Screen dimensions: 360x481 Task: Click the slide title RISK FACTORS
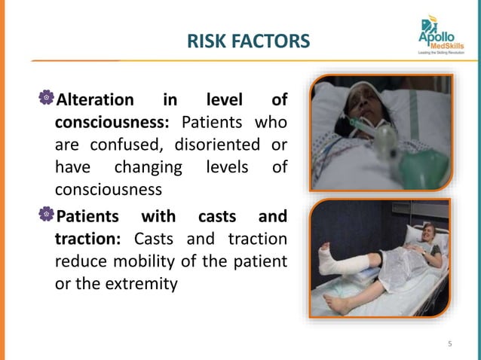(249, 41)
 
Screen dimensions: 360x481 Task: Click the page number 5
(450, 345)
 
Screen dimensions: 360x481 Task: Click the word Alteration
(96, 100)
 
